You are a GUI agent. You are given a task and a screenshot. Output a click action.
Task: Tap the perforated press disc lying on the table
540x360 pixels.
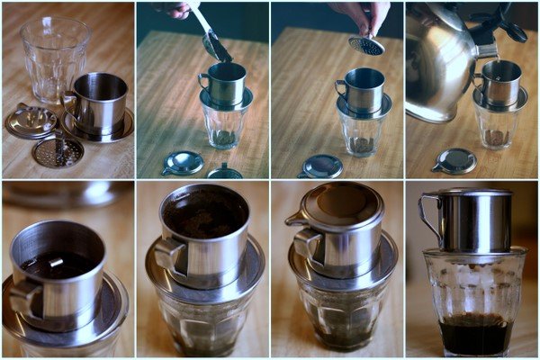(58, 150)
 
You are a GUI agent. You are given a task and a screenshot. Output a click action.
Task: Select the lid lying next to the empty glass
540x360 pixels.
(29, 121)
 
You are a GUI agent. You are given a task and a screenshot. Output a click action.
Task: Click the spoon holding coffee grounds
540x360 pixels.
(215, 45)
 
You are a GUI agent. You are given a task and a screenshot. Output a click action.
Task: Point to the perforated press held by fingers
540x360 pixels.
(365, 44)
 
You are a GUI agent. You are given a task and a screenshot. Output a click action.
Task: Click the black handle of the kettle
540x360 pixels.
(508, 23)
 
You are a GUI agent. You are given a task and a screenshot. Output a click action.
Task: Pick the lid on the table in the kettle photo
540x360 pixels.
(455, 160)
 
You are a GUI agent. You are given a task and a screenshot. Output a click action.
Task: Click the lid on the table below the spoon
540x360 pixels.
(184, 162)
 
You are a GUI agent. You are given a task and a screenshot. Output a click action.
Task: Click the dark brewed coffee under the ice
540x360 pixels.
(475, 334)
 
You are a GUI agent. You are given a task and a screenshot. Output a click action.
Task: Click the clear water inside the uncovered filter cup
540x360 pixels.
(58, 264)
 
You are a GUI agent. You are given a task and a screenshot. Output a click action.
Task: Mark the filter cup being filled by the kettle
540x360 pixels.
(501, 81)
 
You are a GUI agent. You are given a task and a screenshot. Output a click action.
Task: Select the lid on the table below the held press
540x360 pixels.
(321, 166)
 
